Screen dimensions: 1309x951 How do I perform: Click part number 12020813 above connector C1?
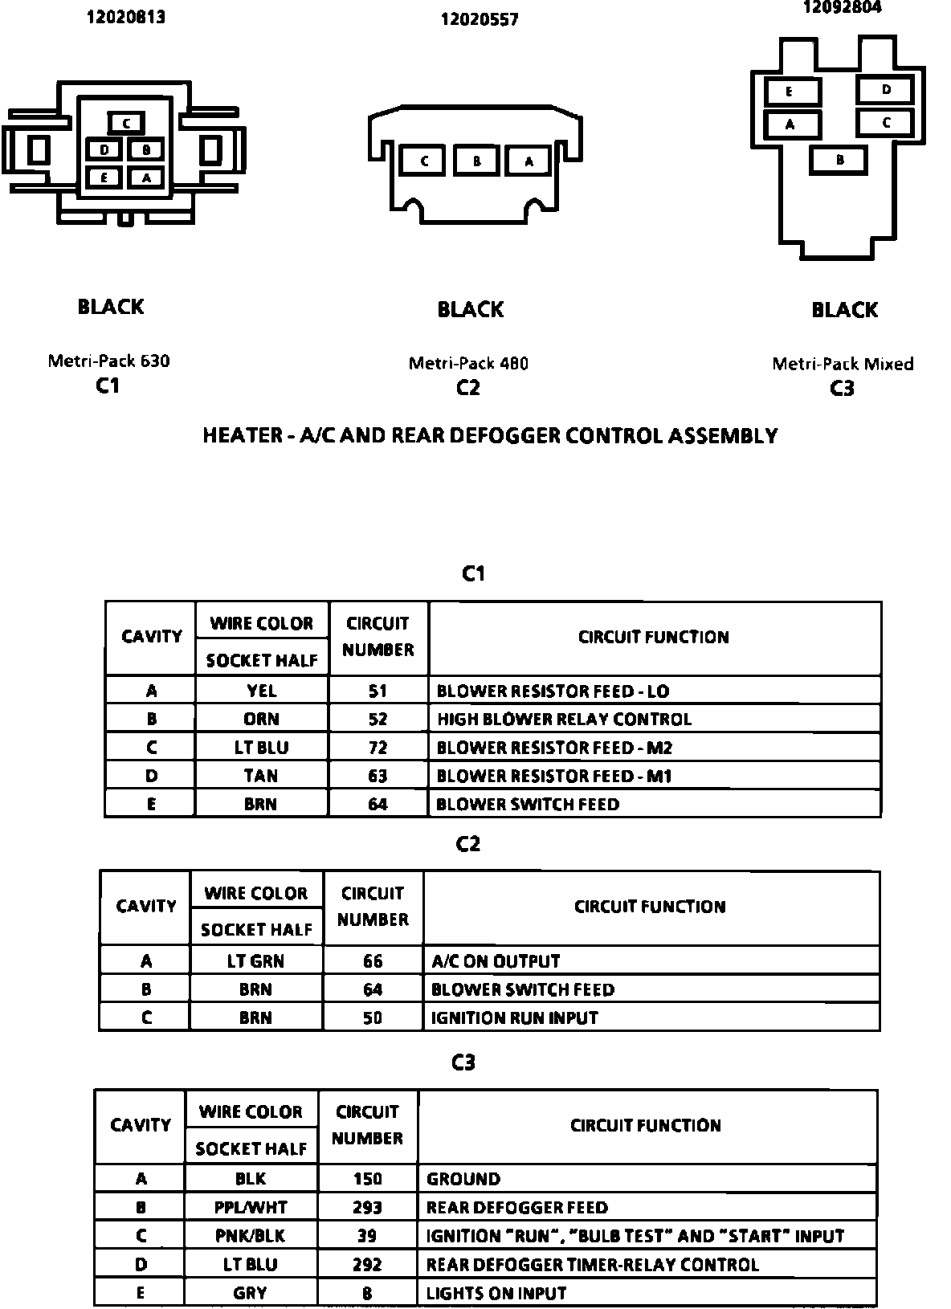tap(126, 17)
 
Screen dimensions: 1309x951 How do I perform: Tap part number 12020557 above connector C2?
tap(480, 19)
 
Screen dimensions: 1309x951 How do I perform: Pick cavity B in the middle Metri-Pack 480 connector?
tap(476, 161)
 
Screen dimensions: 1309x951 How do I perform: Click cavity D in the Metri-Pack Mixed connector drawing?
tap(886, 89)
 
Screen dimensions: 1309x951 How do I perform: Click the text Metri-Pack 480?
tap(468, 363)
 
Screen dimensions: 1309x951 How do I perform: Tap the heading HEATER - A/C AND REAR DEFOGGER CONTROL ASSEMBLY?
tap(490, 435)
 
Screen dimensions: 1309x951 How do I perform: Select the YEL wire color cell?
tap(261, 691)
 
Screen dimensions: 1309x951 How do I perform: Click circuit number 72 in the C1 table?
tap(378, 748)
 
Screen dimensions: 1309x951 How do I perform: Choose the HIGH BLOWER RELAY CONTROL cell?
tap(564, 719)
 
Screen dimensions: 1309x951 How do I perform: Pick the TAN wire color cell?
tap(261, 776)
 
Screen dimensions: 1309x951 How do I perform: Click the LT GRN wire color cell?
tap(255, 961)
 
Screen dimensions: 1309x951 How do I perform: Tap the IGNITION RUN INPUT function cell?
tap(515, 1017)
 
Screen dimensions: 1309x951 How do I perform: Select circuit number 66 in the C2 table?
tap(373, 961)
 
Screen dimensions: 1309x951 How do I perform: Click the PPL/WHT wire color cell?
tap(251, 1207)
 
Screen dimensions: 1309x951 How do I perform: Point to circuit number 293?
tap(367, 1207)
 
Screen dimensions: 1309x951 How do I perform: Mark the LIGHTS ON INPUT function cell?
tap(496, 1293)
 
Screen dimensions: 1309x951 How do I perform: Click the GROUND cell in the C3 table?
tap(463, 1179)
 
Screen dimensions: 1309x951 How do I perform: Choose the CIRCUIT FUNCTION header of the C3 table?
tap(646, 1125)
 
